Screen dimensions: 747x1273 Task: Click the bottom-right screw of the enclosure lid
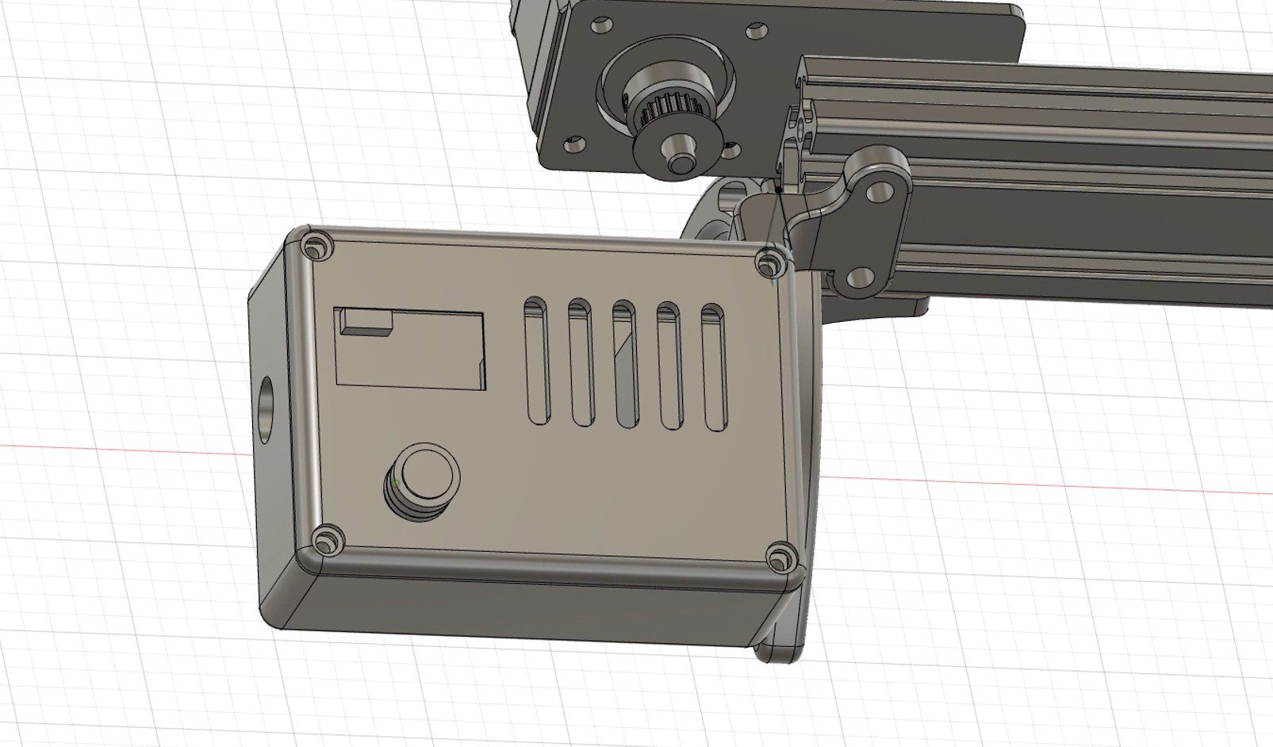[x=781, y=557]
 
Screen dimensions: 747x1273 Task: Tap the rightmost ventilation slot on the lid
[x=715, y=367]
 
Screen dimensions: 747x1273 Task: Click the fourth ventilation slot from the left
[x=670, y=366]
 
